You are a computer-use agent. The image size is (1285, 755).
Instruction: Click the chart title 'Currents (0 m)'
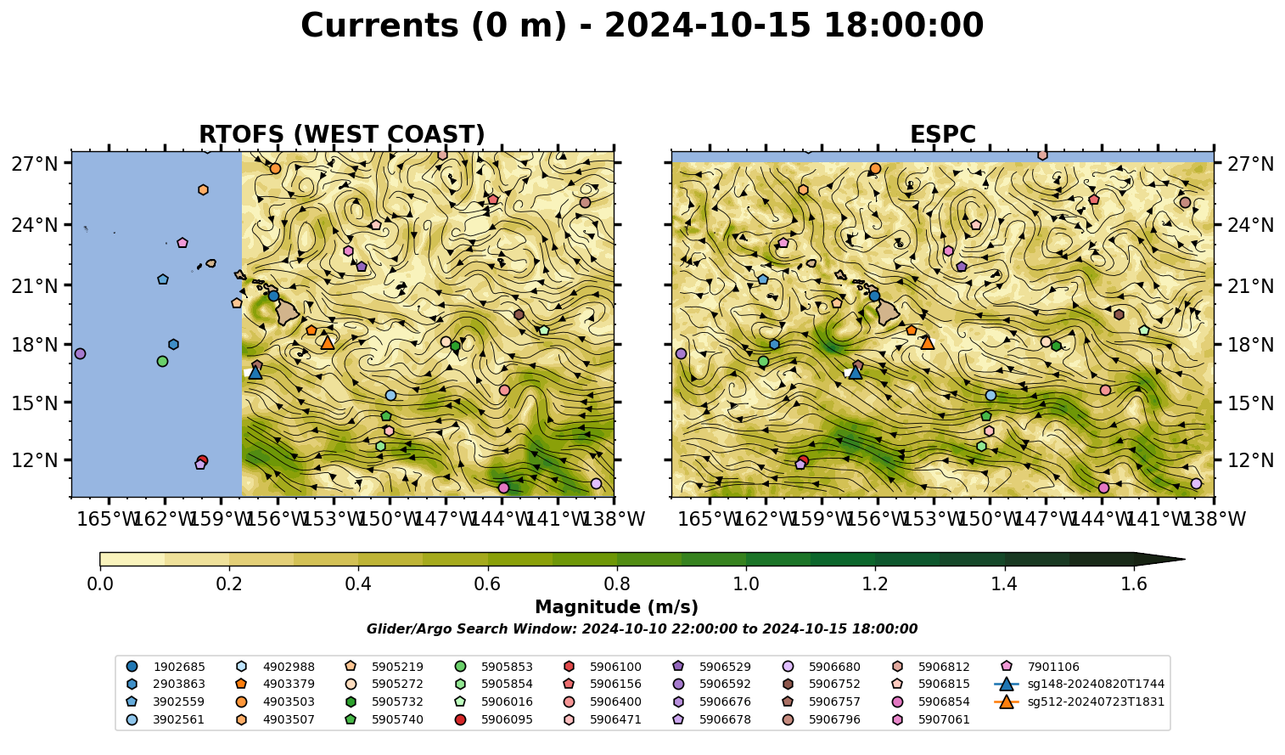(x=434, y=26)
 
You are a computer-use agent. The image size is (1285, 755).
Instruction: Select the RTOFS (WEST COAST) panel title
(x=342, y=134)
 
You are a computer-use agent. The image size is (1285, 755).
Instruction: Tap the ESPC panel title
(x=942, y=134)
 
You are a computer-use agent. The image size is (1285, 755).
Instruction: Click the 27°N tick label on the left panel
(x=35, y=164)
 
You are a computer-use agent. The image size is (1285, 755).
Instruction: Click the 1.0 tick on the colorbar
(x=746, y=584)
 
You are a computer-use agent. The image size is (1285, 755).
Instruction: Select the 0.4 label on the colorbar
(x=358, y=584)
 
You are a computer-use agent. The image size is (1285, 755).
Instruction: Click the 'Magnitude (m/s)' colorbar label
(x=617, y=607)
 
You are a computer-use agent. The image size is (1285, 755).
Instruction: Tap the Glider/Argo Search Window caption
(x=642, y=628)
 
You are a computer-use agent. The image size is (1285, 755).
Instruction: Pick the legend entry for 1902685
(x=166, y=667)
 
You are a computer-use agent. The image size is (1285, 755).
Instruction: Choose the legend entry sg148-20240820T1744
(x=1079, y=684)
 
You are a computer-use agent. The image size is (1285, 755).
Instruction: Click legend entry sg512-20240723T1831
(x=1079, y=701)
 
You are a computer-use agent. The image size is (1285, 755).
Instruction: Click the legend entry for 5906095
(x=493, y=719)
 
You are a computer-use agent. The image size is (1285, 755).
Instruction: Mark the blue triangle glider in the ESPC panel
(x=855, y=373)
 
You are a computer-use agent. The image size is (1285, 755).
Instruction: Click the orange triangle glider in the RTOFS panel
(x=328, y=343)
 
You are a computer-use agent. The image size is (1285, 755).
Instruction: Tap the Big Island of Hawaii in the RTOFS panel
(x=288, y=313)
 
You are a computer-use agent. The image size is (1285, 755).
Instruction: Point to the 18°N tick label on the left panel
(x=35, y=345)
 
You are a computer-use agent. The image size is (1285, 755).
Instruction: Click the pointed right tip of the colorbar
(x=1185, y=559)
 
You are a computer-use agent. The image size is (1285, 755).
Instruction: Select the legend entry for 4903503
(x=275, y=701)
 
